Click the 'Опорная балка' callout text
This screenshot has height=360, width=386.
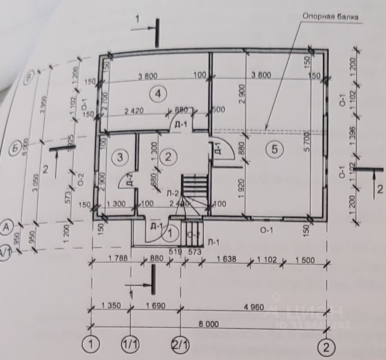click(x=330, y=17)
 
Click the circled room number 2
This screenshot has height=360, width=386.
click(x=168, y=157)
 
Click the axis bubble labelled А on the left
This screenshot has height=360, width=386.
click(x=6, y=226)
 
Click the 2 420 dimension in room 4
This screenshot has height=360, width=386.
click(x=121, y=112)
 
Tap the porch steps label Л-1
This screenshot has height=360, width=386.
click(x=213, y=242)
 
